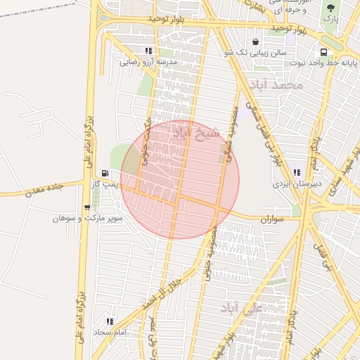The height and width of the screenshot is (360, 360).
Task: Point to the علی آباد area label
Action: (240, 308)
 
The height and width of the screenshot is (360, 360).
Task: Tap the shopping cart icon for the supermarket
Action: (86, 207)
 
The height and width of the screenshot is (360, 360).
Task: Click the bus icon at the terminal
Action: (323, 52)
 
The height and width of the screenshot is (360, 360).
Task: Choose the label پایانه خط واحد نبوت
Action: (323, 63)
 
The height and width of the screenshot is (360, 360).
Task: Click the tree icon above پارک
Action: (330, 8)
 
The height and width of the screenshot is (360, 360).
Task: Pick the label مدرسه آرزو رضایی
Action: (148, 62)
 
